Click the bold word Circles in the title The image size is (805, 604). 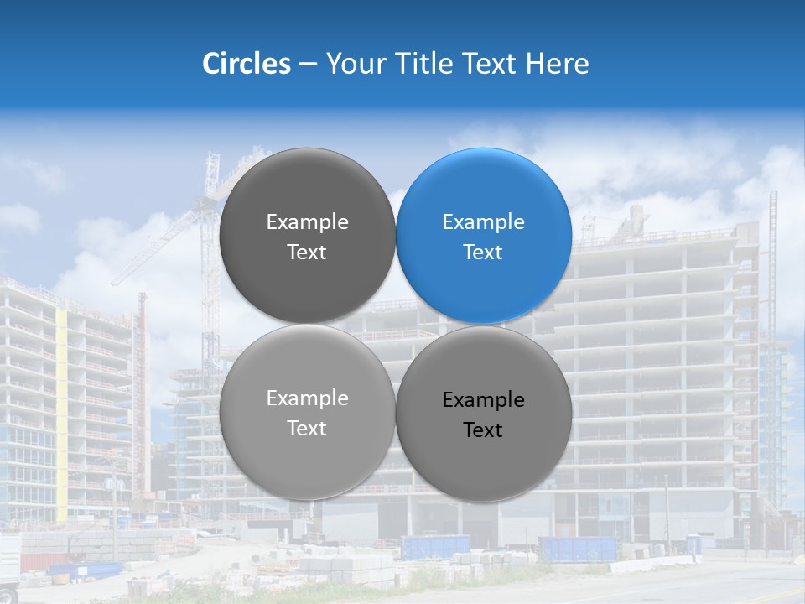(x=246, y=64)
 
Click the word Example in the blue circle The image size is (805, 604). (x=484, y=222)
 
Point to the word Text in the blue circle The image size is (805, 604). (x=483, y=253)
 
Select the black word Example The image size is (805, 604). (x=484, y=400)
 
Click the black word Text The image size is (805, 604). (x=483, y=430)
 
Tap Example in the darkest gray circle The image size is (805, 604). (x=307, y=222)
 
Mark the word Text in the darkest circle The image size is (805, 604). (x=307, y=253)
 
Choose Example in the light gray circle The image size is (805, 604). (x=307, y=398)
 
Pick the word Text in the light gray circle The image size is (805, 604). (x=307, y=429)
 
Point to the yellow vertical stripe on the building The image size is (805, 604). (x=61, y=411)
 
